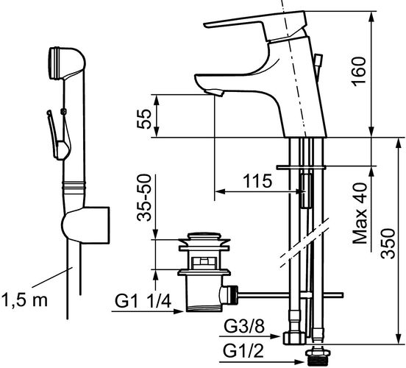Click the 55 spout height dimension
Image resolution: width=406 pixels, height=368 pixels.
point(144,119)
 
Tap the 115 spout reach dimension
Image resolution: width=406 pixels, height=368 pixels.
point(258,181)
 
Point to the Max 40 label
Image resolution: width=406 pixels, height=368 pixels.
point(360,213)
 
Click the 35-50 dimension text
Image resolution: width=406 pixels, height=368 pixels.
point(144,198)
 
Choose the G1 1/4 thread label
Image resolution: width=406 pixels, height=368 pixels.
point(143,301)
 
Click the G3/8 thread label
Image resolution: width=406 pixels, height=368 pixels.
point(244,326)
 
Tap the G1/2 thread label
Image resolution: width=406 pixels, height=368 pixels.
point(243,351)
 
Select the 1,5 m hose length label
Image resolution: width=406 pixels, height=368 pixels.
point(24,300)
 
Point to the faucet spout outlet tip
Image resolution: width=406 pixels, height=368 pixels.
point(214,93)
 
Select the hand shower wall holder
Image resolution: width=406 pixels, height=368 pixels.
point(86,225)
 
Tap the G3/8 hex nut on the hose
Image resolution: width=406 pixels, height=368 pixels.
point(294,339)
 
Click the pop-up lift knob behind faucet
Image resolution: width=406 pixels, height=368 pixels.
point(318,60)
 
